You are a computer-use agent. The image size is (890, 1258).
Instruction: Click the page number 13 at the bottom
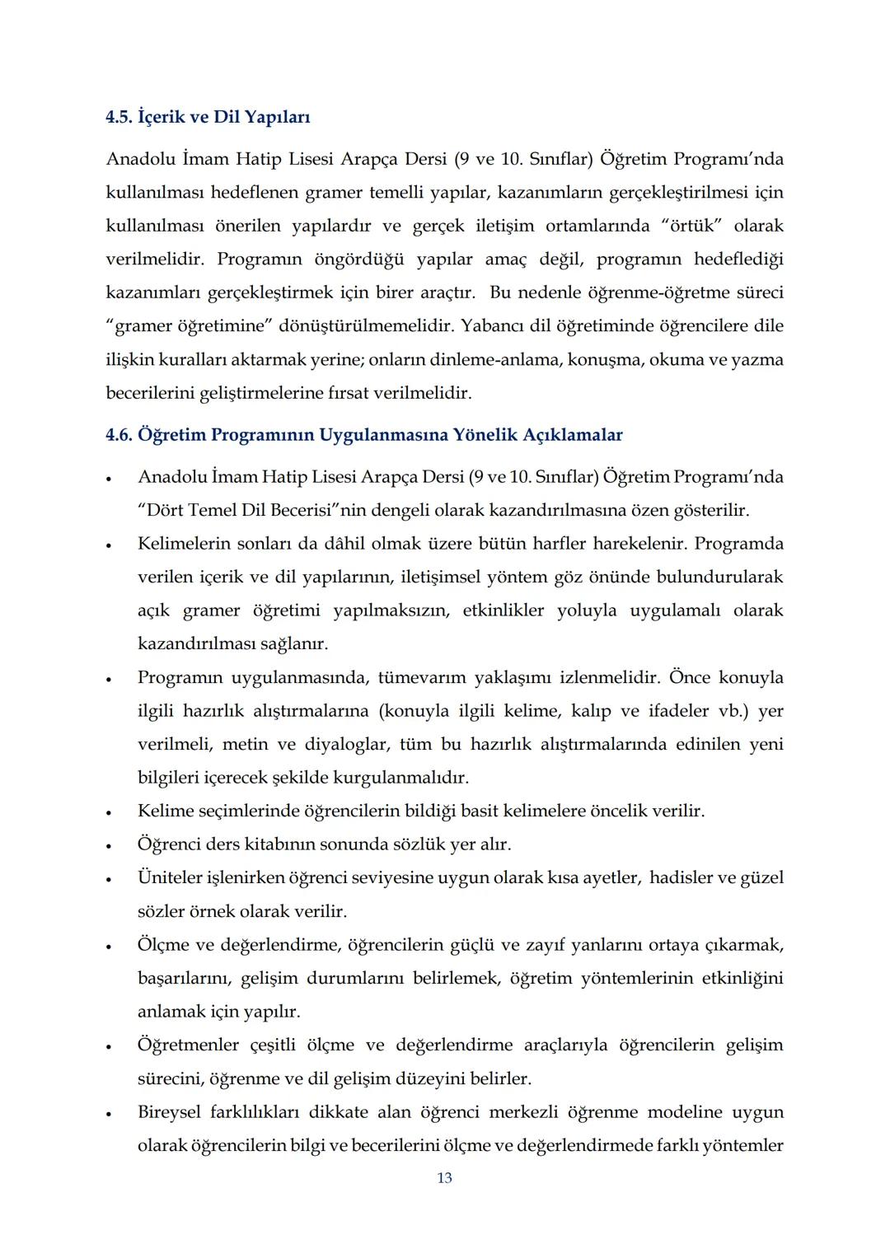(x=444, y=1178)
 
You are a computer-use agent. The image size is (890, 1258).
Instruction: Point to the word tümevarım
(x=420, y=678)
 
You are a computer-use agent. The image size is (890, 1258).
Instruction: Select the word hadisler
(x=686, y=878)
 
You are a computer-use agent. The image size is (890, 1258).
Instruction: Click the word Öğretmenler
(x=189, y=1045)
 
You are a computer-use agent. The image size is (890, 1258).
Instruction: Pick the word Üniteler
(x=170, y=878)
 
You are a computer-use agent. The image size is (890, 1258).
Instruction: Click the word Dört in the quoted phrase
(x=164, y=511)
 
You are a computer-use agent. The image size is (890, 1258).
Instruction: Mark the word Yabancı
(x=492, y=326)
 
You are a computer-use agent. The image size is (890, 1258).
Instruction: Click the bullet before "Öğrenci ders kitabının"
(x=109, y=846)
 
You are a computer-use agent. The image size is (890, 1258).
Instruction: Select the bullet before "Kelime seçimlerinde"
(x=109, y=812)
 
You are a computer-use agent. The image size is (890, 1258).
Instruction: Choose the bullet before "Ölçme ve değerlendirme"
(x=109, y=946)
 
